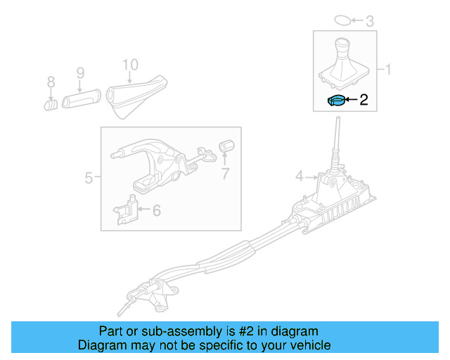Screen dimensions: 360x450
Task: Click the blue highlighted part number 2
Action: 336,101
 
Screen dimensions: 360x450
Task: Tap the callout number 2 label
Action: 364,101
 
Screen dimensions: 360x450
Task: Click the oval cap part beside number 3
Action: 340,20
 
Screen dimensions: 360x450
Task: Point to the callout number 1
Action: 386,70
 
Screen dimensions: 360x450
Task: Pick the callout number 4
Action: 298,177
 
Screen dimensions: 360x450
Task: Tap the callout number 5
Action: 89,178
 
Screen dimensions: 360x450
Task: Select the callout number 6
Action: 156,210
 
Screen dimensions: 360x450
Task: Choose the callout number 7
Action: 225,174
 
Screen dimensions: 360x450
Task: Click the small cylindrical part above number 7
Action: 226,146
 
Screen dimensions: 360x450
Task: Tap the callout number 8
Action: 51,83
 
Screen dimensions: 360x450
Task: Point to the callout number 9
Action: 79,72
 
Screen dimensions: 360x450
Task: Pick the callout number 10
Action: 130,65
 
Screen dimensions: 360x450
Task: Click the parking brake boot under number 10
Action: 134,97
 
